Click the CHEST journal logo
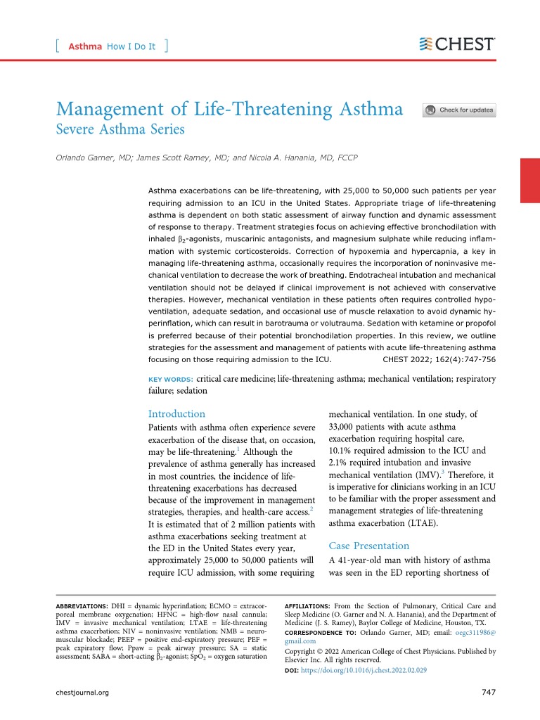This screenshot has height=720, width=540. (x=457, y=44)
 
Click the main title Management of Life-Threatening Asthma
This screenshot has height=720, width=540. (x=229, y=109)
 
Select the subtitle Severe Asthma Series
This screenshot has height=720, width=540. (x=120, y=129)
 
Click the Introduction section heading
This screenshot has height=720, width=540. (x=176, y=414)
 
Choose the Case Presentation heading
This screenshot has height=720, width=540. (x=368, y=546)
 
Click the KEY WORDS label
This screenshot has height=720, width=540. (x=169, y=380)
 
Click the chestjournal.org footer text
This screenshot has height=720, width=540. (x=82, y=693)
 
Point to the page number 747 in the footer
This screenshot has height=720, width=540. (x=489, y=693)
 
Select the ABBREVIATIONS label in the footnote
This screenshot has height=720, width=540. (x=82, y=606)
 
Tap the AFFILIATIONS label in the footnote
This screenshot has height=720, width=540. (x=307, y=606)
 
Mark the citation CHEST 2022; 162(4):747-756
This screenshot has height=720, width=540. (x=439, y=359)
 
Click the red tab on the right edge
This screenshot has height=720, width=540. (x=529, y=181)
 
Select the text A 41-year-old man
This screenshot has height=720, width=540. (x=372, y=560)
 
